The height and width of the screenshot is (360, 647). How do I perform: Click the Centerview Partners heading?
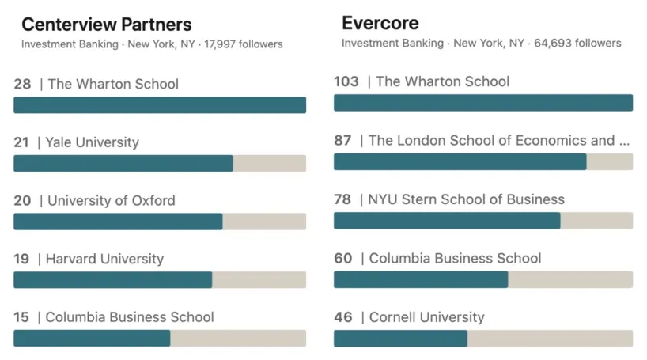[x=107, y=25]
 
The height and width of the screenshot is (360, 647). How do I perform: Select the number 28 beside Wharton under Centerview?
[x=22, y=84]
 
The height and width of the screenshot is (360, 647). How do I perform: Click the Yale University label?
[x=92, y=142]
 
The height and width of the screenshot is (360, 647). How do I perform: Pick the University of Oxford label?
[x=112, y=200]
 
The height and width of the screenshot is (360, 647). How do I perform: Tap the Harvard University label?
[x=104, y=259]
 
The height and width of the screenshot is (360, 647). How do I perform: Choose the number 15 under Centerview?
[x=21, y=317]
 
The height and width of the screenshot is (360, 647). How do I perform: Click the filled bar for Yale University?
[x=123, y=164]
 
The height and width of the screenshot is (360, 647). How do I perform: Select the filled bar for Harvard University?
[x=113, y=280]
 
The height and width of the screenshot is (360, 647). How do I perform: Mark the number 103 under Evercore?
[x=346, y=81]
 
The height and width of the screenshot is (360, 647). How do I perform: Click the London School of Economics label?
[x=499, y=140]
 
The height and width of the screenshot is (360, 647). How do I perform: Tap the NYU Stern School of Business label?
[x=467, y=199]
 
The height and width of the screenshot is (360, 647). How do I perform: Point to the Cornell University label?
[x=427, y=317]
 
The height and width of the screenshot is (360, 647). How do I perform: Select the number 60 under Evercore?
[x=342, y=259]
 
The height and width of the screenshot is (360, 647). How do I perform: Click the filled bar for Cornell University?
[x=400, y=339]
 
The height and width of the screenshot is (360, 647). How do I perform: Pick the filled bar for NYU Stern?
[x=447, y=221]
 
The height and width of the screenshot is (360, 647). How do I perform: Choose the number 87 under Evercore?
[x=342, y=140]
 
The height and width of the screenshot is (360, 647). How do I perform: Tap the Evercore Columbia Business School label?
[x=456, y=259]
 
